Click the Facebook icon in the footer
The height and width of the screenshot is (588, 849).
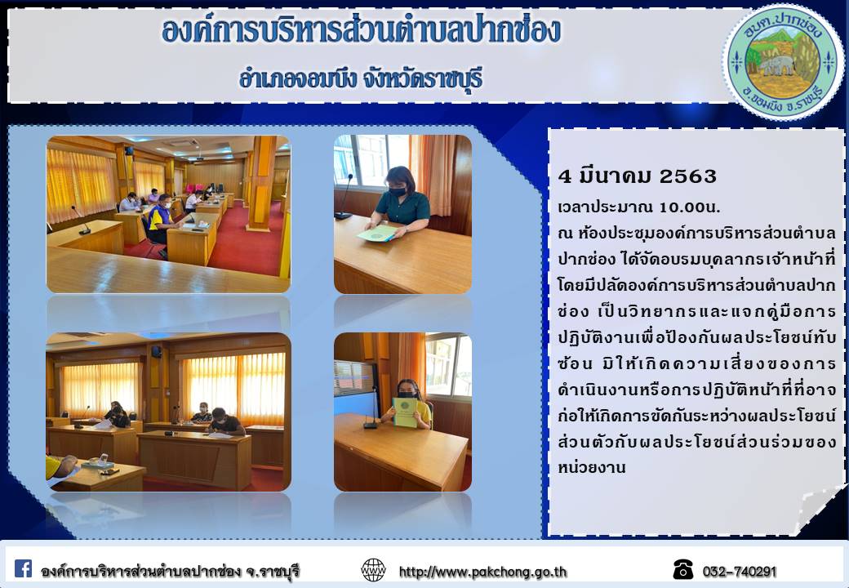pyautogui.click(x=23, y=568)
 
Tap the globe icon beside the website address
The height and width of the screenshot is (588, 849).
pyautogui.click(x=373, y=570)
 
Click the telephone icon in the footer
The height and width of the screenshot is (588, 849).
pyautogui.click(x=682, y=569)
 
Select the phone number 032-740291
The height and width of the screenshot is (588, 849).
pyautogui.click(x=739, y=572)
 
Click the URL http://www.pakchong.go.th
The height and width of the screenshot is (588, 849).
pyautogui.click(x=483, y=572)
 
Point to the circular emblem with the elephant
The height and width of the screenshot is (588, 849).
pyautogui.click(x=782, y=63)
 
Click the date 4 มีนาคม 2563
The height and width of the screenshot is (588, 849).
pyautogui.click(x=638, y=176)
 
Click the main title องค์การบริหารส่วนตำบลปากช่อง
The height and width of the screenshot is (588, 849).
pyautogui.click(x=361, y=31)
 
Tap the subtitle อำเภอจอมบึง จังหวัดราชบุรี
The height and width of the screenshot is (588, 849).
pyautogui.click(x=361, y=79)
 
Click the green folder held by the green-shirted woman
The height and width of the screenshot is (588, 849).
pyautogui.click(x=377, y=234)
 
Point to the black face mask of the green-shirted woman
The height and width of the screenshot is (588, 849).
pyautogui.click(x=398, y=191)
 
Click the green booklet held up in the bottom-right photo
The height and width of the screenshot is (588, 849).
pyautogui.click(x=404, y=412)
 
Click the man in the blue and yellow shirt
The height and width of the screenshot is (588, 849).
pyautogui.click(x=161, y=220)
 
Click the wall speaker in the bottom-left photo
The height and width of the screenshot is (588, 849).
pyautogui.click(x=156, y=352)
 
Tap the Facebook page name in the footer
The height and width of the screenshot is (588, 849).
pyautogui.click(x=170, y=571)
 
